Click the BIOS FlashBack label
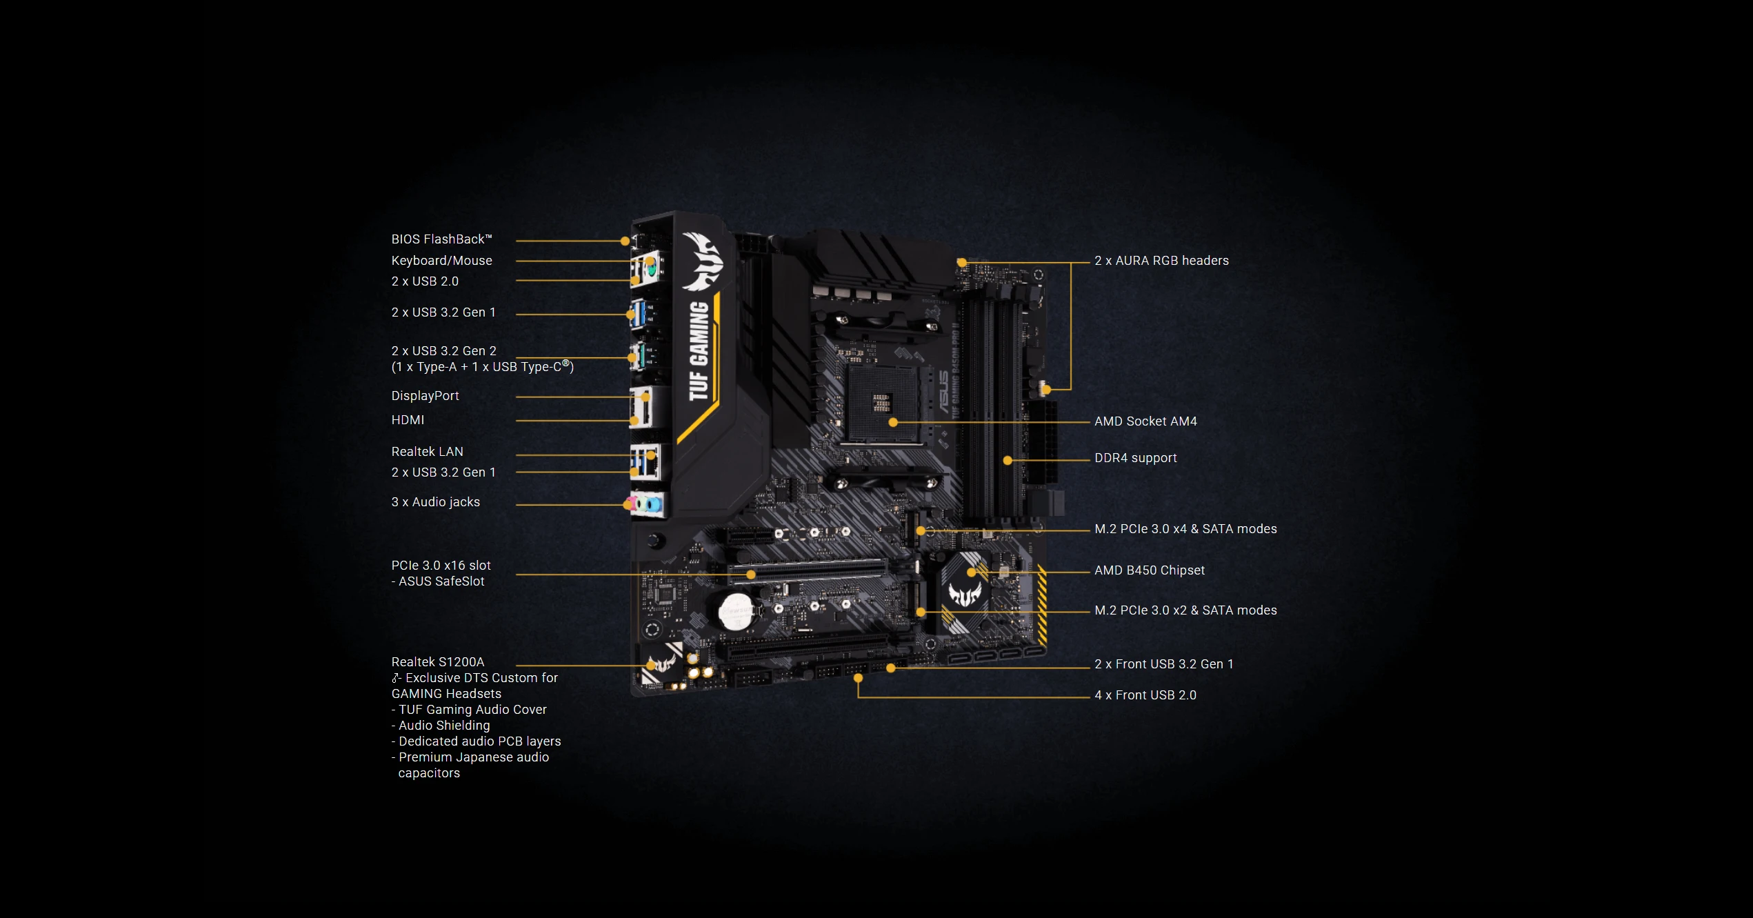[441, 239]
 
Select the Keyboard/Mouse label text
[441, 261]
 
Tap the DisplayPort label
[425, 396]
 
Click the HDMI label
[408, 420]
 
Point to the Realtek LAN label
[427, 452]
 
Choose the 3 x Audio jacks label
[435, 502]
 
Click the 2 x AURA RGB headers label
[1161, 261]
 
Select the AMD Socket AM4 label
[1145, 421]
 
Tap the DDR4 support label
[1135, 458]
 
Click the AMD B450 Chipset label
[1149, 570]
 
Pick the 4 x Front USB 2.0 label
[1145, 695]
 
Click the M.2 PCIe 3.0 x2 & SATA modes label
[1185, 610]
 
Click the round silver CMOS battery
[737, 611]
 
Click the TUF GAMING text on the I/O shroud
[699, 350]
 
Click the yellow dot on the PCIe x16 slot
[751, 575]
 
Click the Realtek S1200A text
[437, 662]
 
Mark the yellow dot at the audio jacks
[628, 505]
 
